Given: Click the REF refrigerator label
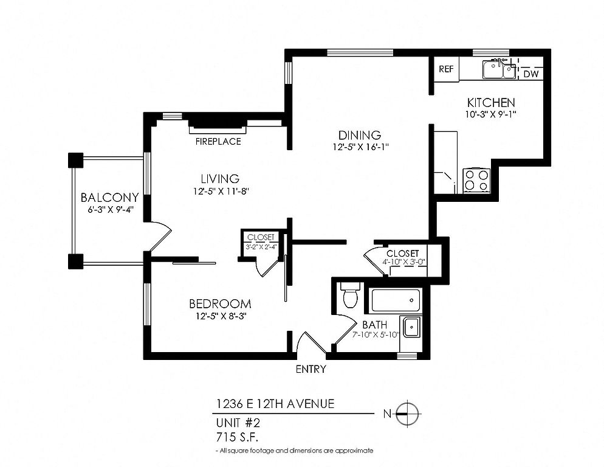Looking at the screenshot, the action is coord(446,69).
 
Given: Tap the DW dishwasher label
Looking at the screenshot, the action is coord(531,74).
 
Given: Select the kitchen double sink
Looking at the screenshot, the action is coord(499,69).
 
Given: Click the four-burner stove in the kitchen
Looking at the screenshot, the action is coord(476,180).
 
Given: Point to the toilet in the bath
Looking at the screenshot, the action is coord(351,294).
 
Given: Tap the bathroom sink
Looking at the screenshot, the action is coord(411,327).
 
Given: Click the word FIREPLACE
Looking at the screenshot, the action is coord(218,142).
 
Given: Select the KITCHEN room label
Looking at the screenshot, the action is coord(491,103).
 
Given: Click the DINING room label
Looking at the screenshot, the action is coord(359,135).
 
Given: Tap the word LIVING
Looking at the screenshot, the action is coord(220,179).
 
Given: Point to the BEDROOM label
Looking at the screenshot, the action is coord(220,304).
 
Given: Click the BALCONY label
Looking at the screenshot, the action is coord(109,198).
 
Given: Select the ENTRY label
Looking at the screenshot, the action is coord(311,369).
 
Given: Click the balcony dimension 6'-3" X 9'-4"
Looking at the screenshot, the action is coord(110,210).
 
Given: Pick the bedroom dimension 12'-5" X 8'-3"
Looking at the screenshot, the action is coord(221,316).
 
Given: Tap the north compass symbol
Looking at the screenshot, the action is coord(407,413).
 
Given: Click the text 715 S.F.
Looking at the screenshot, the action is coord(237,437).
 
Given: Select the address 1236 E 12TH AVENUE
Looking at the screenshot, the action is coord(275,404).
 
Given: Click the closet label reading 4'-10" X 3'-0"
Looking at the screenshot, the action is coord(403,261).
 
